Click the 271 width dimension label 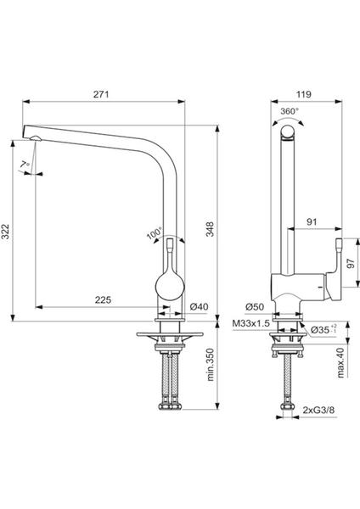point(101,94)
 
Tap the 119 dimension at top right point(303,94)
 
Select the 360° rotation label point(290,111)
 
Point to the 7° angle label point(25,165)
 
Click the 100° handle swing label point(154,233)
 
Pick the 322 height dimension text point(5,232)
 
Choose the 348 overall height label point(211,229)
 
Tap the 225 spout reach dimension point(103,299)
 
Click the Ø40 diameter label point(200,306)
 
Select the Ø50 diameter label point(255,306)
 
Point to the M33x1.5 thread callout point(250,323)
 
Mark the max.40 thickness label point(340,363)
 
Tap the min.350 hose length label point(211,365)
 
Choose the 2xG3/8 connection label point(318,410)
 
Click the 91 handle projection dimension point(312,222)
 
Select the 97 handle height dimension point(351,263)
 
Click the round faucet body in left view point(170,287)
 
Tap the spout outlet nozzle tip point(35,138)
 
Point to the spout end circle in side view point(288,132)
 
